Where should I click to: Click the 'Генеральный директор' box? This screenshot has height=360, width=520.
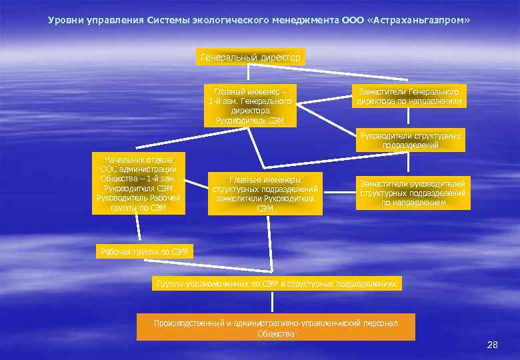tap(251, 58)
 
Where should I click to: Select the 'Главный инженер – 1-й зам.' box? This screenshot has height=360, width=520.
tap(250, 105)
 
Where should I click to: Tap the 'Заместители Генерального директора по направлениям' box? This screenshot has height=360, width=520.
tap(409, 97)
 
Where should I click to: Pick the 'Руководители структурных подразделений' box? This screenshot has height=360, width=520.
tap(410, 140)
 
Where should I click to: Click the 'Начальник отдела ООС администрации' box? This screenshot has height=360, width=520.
tap(139, 183)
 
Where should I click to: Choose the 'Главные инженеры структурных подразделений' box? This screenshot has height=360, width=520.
tap(265, 194)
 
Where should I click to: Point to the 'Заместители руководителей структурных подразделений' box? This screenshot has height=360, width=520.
tap(413, 193)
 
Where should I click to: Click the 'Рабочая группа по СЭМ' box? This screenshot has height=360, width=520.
tap(145, 251)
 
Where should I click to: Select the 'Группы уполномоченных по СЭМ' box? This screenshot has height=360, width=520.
tap(277, 284)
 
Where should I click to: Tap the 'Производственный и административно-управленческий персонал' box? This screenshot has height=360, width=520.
tap(275, 327)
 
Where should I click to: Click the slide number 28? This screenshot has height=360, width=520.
tap(493, 345)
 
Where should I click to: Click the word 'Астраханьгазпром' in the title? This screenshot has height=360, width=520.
tap(418, 20)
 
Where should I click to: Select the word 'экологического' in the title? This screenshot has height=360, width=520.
tap(231, 20)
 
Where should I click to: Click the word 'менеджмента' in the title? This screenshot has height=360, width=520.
tap(305, 20)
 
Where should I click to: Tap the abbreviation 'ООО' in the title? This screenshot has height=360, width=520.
tap(353, 20)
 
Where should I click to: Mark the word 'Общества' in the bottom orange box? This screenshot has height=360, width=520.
tap(275, 333)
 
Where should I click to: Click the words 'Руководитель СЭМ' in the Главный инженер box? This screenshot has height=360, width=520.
tap(250, 121)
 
